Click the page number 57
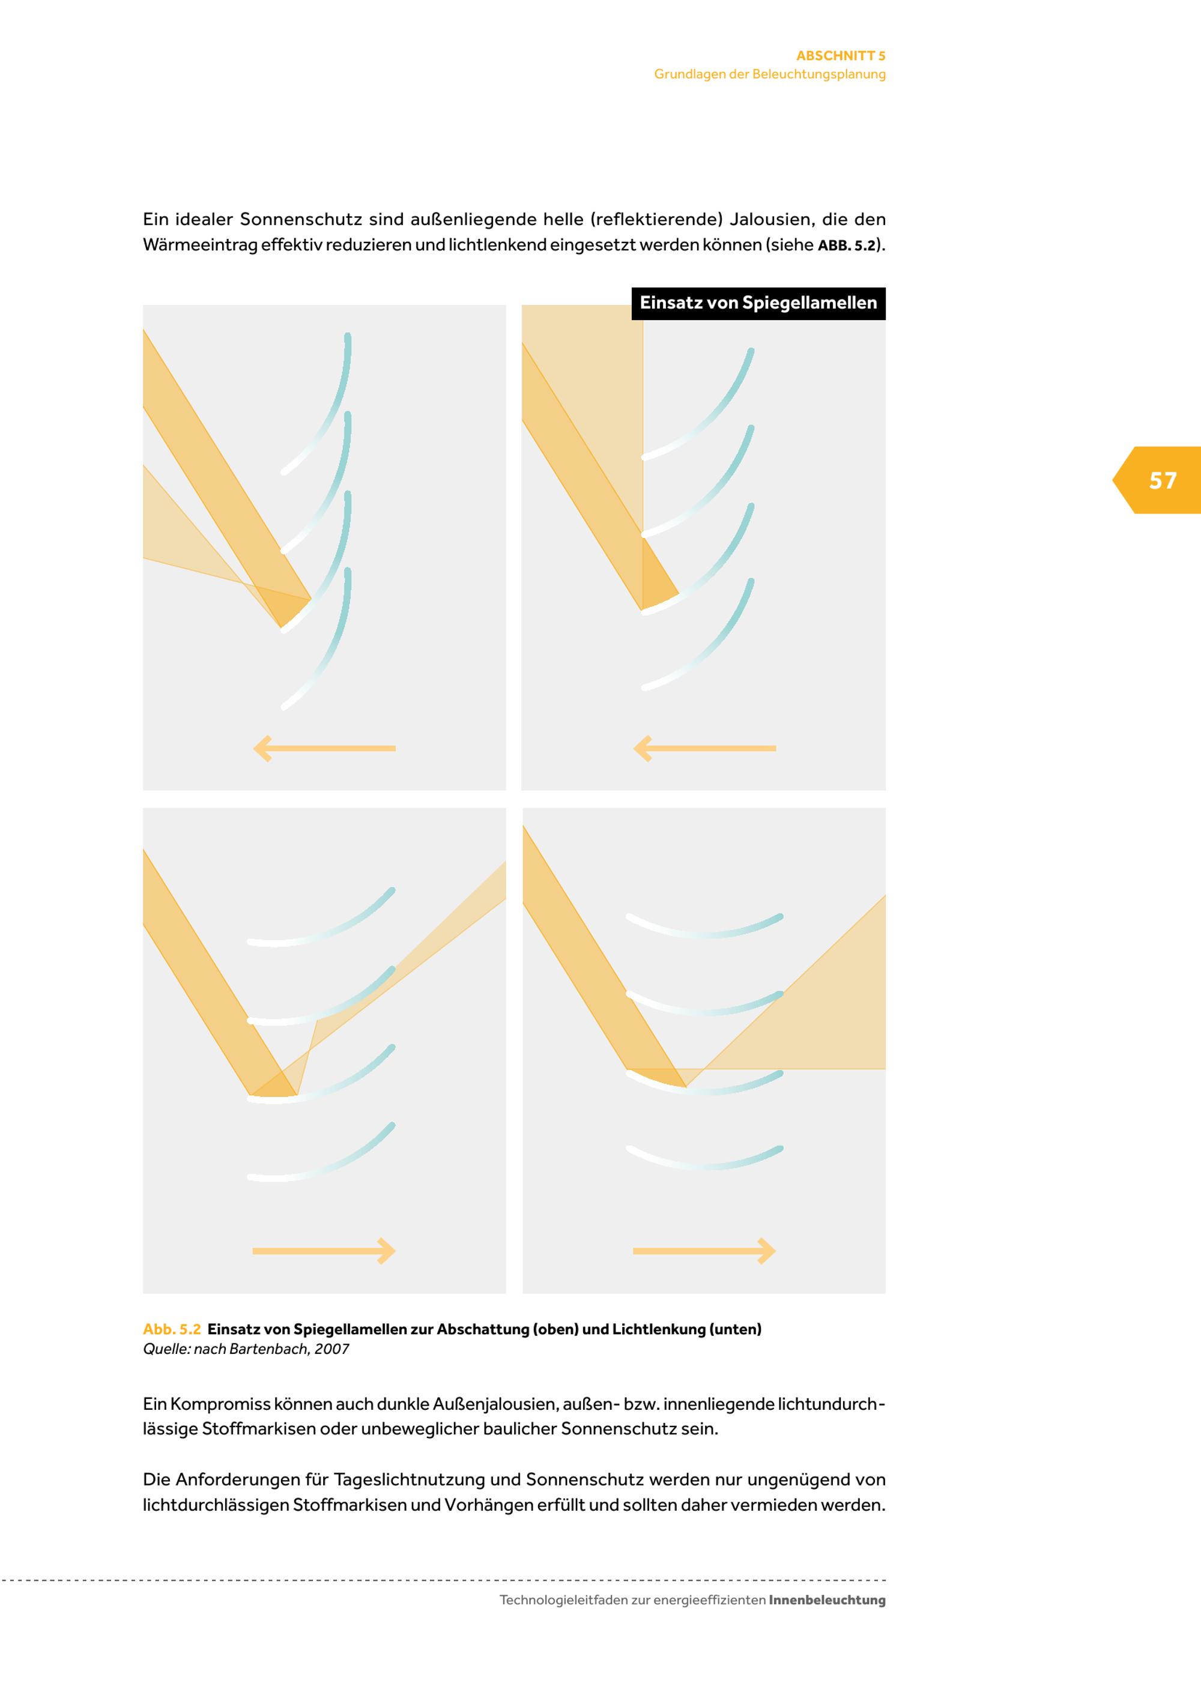(x=1163, y=481)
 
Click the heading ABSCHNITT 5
(x=841, y=55)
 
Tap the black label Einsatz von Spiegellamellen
(x=758, y=303)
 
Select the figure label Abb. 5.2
(x=172, y=1329)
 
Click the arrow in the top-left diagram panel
(x=325, y=748)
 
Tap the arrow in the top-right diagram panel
(x=705, y=748)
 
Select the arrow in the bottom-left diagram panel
(x=325, y=1251)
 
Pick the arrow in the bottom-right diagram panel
(x=705, y=1251)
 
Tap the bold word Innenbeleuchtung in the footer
(x=827, y=1600)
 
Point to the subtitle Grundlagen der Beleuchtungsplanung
(x=770, y=74)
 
